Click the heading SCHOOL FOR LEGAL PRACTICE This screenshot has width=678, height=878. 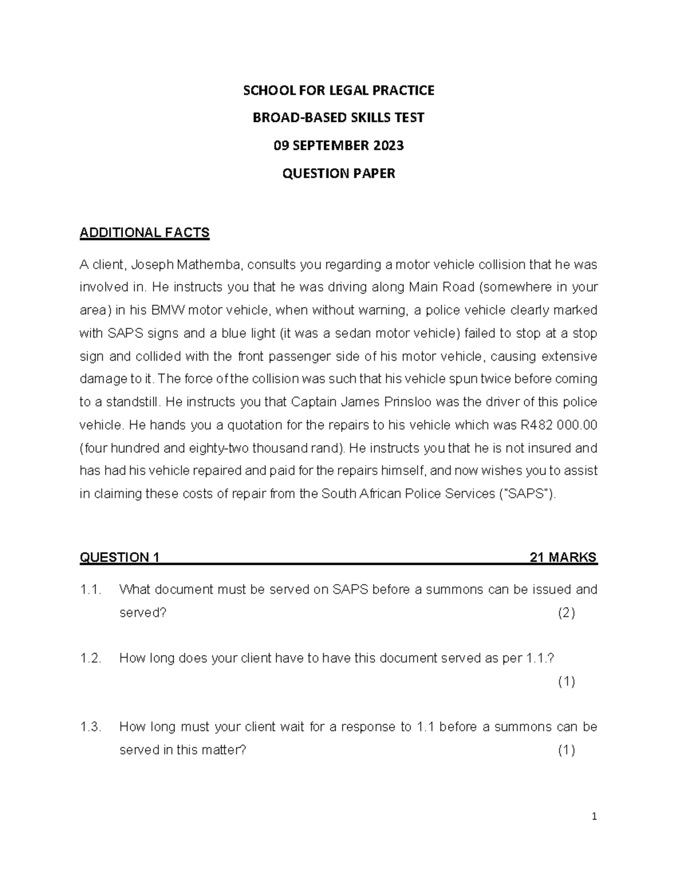[x=338, y=90]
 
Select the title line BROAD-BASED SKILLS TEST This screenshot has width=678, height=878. [x=338, y=118]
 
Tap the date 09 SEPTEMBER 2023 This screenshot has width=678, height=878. [x=338, y=145]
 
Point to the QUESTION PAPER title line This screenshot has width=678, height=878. [x=338, y=173]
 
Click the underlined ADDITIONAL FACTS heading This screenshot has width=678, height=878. [x=145, y=233]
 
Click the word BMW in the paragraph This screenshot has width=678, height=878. [x=168, y=310]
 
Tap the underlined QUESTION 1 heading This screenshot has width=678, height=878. [x=119, y=557]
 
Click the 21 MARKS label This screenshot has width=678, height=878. [x=563, y=557]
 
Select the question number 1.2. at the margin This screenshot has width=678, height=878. [x=90, y=658]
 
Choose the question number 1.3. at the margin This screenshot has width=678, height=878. [x=90, y=727]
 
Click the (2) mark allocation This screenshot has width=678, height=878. [x=566, y=613]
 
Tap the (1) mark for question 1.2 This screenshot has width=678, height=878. [x=566, y=682]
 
